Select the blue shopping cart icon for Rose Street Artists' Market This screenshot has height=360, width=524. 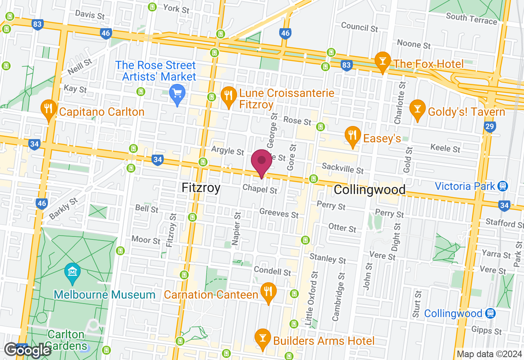pyautogui.click(x=177, y=94)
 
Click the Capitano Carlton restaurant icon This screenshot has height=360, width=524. pyautogui.click(x=49, y=109)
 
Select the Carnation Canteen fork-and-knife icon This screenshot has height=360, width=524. pyautogui.click(x=268, y=292)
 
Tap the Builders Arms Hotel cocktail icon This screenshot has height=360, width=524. pyautogui.click(x=262, y=338)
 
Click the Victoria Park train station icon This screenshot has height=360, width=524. pyautogui.click(x=502, y=186)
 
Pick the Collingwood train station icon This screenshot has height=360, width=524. pyautogui.click(x=490, y=313)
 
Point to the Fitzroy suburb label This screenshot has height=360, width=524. pyautogui.click(x=201, y=188)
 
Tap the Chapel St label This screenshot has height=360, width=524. pyautogui.click(x=260, y=189)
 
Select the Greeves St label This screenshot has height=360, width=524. pyautogui.click(x=279, y=213)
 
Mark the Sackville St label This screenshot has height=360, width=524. pyautogui.click(x=343, y=168)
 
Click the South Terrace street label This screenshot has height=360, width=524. pyautogui.click(x=471, y=18)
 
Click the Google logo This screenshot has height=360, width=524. pyautogui.click(x=27, y=350)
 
